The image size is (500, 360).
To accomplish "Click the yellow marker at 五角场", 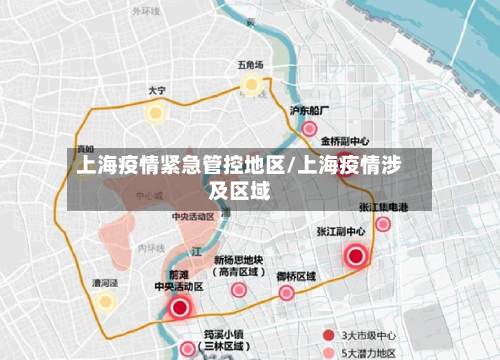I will click(250, 84).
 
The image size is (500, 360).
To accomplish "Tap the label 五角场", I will click(250, 65).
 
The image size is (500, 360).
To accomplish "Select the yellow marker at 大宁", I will click(155, 112).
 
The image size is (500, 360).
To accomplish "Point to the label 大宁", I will click(157, 91).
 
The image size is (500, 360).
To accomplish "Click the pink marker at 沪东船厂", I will click(310, 129).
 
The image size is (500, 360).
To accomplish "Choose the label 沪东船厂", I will click(309, 111).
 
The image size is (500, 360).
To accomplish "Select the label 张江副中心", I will click(341, 231).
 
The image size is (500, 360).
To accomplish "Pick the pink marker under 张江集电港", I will click(383, 224).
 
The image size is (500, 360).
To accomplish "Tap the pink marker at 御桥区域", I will click(287, 293).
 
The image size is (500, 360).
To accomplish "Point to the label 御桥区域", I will click(296, 275).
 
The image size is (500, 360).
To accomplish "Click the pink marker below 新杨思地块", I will click(238, 291).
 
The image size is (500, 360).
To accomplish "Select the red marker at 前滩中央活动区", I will click(180, 307).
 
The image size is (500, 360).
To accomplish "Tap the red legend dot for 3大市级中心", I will click(328, 334).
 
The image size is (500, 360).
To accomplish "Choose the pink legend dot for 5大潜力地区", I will click(328, 352).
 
